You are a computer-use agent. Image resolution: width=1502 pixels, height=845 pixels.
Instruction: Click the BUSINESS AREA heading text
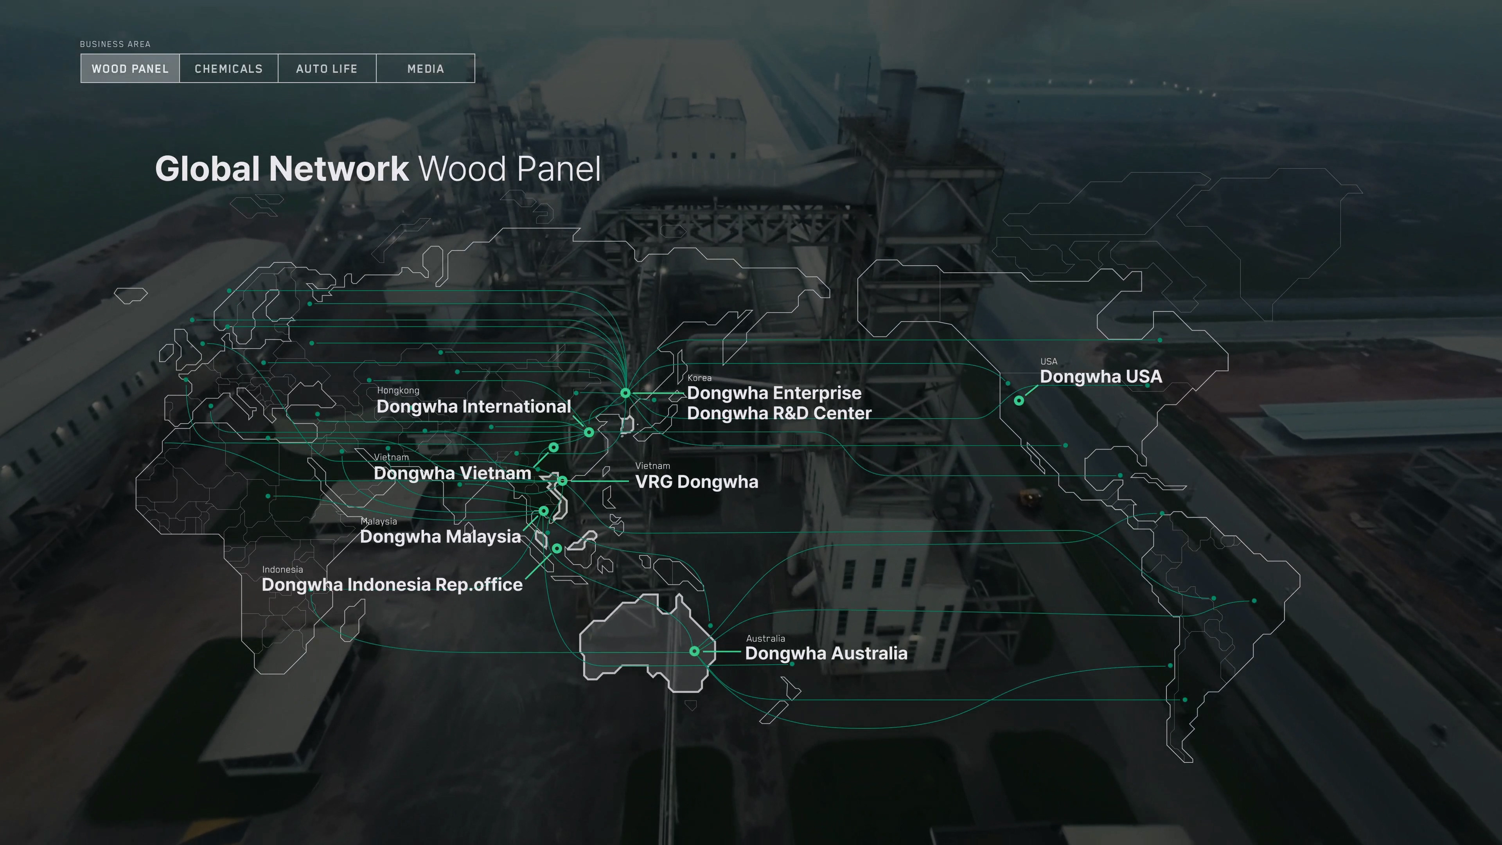pos(115,44)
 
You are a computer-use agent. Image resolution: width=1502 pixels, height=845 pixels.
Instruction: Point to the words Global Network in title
pos(282,169)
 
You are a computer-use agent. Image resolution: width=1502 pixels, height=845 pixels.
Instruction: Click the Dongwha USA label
pos(1101,377)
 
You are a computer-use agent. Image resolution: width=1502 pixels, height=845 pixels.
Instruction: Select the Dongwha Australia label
pos(826,653)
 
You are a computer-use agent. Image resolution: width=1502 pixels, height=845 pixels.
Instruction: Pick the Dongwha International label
pos(473,406)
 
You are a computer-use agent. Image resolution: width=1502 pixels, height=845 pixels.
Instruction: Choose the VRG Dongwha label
pos(697,482)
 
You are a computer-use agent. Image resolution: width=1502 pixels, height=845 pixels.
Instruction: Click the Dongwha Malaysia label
pos(440,536)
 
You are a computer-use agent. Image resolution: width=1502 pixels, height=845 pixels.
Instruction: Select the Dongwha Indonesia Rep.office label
pos(392,584)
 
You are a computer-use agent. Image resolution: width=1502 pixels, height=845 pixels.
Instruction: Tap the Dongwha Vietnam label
pos(453,473)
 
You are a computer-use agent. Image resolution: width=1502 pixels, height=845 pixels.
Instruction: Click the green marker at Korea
pos(625,393)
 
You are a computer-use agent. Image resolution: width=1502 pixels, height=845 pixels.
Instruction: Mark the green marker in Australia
pos(694,651)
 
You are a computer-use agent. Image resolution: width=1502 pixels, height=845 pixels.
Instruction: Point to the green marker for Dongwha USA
pos(1019,401)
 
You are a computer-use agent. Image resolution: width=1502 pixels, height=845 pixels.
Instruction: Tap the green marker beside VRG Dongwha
pos(562,480)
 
